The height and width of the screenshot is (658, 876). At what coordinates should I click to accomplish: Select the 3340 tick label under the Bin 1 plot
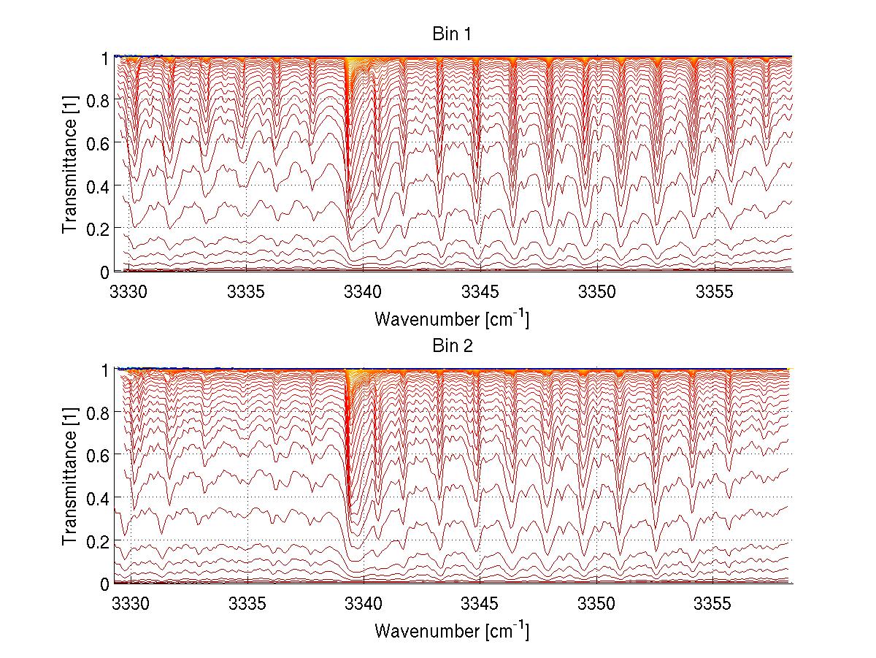[364, 293]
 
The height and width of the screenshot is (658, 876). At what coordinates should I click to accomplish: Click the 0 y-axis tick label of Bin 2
[104, 584]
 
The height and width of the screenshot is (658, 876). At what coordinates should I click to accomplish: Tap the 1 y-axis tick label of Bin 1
[104, 58]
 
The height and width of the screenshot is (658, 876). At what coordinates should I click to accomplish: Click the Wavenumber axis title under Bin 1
[452, 318]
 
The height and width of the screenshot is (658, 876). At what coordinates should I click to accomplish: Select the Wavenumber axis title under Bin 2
[452, 631]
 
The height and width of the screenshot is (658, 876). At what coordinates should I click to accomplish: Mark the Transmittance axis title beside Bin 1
[69, 164]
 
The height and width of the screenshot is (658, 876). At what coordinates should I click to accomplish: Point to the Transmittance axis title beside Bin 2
[69, 476]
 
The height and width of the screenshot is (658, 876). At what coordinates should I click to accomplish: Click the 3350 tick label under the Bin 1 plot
[597, 293]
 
